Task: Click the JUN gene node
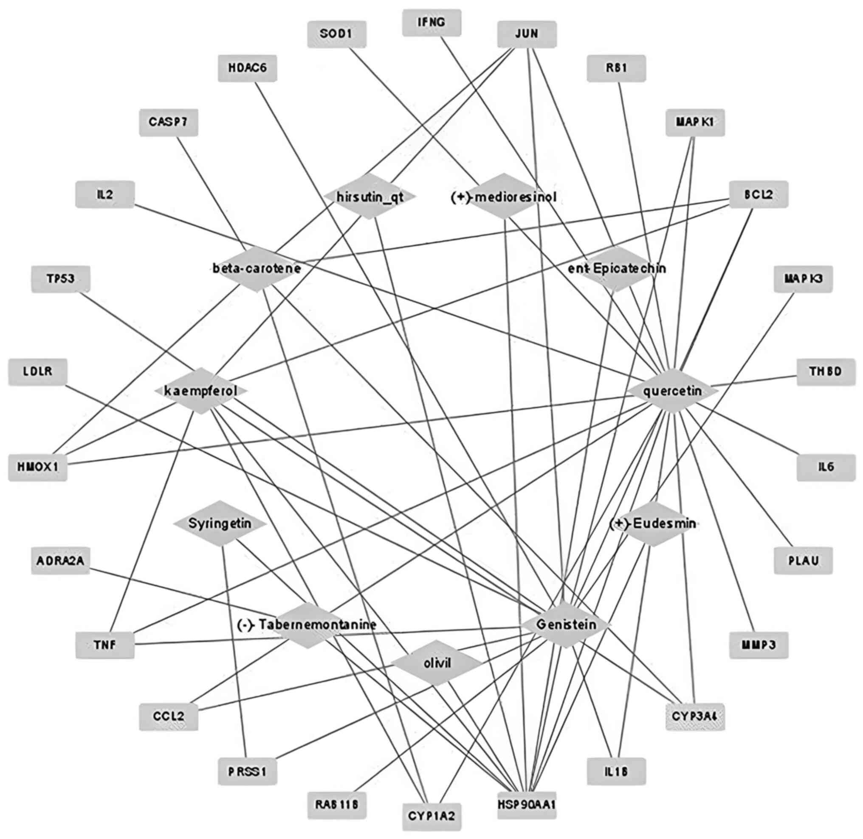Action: (527, 34)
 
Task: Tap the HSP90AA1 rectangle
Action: (527, 805)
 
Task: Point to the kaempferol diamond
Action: (200, 391)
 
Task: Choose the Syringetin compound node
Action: (220, 524)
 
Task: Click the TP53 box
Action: (60, 279)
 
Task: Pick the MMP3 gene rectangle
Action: (759, 645)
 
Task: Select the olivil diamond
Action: (437, 663)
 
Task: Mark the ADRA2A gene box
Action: (60, 561)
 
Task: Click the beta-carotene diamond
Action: (257, 268)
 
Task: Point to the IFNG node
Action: (431, 23)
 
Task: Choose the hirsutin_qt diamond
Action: (370, 196)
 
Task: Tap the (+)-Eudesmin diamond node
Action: (653, 524)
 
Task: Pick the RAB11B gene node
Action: (337, 805)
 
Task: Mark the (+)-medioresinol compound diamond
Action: (504, 196)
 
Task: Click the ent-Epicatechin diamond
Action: (617, 268)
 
